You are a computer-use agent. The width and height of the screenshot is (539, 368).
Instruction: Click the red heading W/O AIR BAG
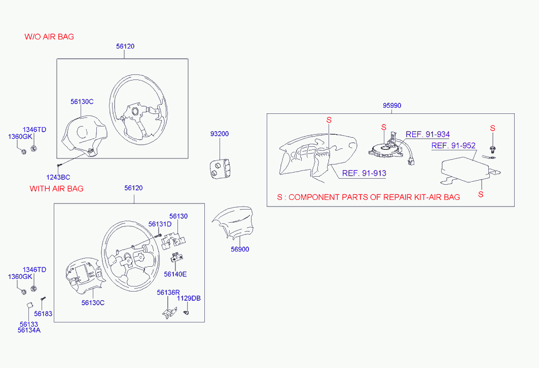49,37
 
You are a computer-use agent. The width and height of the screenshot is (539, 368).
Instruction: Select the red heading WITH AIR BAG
56,188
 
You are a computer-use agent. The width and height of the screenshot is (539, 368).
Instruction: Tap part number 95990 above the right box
392,105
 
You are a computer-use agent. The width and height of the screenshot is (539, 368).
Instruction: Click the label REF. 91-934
427,134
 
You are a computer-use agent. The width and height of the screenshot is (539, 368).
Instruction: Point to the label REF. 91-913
364,173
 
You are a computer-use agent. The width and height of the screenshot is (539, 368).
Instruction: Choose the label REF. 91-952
453,146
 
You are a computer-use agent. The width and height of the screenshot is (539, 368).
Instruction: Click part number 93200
220,134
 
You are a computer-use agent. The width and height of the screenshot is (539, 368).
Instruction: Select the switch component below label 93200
220,168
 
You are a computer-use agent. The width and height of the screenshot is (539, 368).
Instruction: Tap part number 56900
240,249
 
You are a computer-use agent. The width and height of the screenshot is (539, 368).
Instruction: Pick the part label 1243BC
58,177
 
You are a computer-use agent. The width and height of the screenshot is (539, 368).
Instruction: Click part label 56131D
160,224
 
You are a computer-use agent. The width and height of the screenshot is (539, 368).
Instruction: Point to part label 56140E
175,274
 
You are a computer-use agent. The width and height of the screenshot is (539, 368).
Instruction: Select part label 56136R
168,293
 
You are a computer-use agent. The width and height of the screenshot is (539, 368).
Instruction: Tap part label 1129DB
189,298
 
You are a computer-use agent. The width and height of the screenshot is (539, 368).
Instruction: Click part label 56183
43,313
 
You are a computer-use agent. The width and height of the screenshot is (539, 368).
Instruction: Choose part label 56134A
29,330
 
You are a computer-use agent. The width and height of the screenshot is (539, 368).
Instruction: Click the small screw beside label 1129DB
186,312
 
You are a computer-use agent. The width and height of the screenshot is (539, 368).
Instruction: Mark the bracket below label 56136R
169,313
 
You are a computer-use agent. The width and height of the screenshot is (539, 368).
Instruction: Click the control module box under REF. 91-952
465,170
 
